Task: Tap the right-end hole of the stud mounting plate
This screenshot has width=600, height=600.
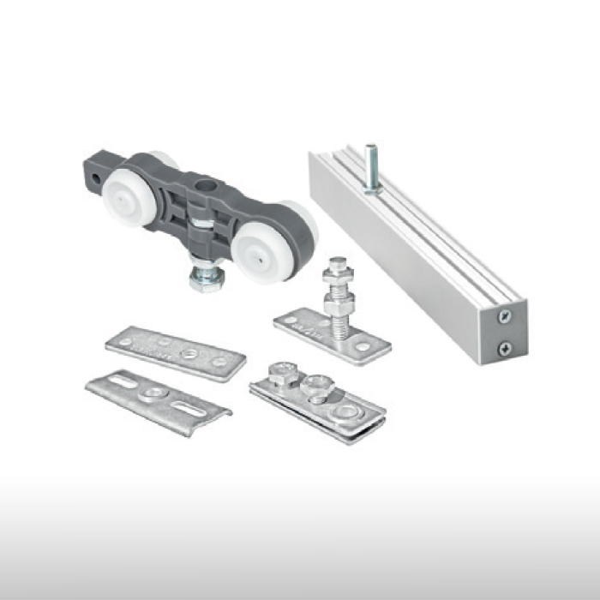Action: (x=363, y=347)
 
